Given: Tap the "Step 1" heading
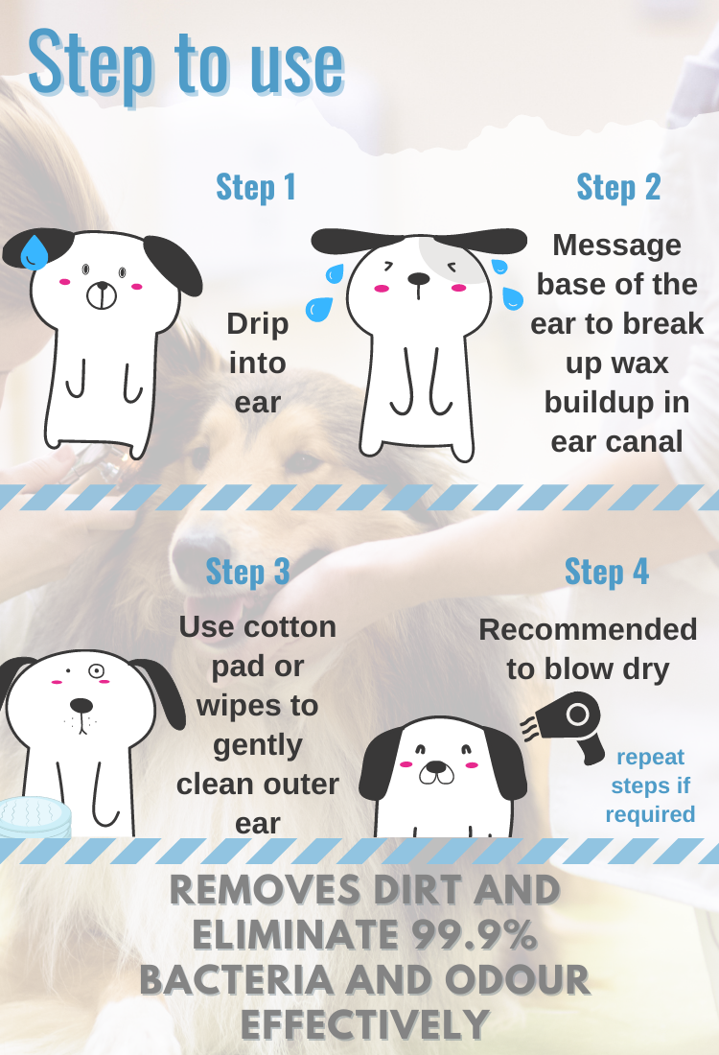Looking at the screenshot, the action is pyautogui.click(x=256, y=187).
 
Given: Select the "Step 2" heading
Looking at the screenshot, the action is pyautogui.click(x=618, y=187).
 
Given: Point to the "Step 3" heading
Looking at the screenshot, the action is pyautogui.click(x=247, y=572).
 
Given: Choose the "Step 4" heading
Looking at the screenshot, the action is pyautogui.click(x=607, y=572).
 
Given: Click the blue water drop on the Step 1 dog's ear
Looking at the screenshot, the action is pyautogui.click(x=34, y=252).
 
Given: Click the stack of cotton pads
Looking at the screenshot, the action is pyautogui.click(x=34, y=817).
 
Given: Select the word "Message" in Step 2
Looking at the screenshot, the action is pyautogui.click(x=616, y=245).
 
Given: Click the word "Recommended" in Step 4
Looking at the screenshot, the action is pyautogui.click(x=588, y=630).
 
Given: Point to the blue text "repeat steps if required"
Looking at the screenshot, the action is pyautogui.click(x=650, y=785).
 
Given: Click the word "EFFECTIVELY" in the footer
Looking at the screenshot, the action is pyautogui.click(x=365, y=1024).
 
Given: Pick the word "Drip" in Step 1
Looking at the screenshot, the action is pyautogui.click(x=258, y=323).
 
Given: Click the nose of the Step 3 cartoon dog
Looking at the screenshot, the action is pyautogui.click(x=81, y=705).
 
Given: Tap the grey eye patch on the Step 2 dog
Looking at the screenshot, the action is pyautogui.click(x=451, y=260).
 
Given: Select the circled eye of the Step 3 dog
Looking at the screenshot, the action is pyautogui.click(x=96, y=670).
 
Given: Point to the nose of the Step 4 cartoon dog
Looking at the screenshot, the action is pyautogui.click(x=436, y=767).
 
